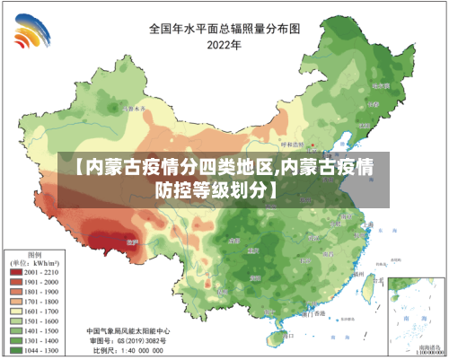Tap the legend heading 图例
36,252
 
